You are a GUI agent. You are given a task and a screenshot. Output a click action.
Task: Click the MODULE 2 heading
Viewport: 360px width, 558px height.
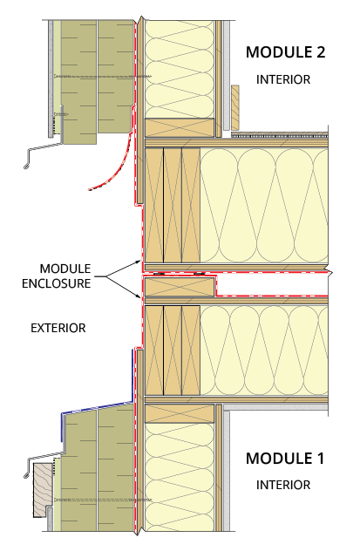pyautogui.click(x=285, y=52)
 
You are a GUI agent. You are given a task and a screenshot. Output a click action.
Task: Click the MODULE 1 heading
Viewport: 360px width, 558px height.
pyautogui.click(x=285, y=458)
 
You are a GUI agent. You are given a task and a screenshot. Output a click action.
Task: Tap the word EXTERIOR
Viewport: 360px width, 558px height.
pyautogui.click(x=58, y=328)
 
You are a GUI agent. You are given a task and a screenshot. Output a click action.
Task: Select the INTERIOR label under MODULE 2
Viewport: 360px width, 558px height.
pyautogui.click(x=283, y=79)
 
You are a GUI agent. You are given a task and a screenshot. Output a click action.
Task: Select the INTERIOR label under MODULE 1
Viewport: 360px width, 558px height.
pyautogui.click(x=283, y=485)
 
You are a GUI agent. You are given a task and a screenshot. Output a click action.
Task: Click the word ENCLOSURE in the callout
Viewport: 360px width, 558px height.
pyautogui.click(x=56, y=283)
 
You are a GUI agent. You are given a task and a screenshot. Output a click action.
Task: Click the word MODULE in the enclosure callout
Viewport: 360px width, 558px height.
pyautogui.click(x=65, y=269)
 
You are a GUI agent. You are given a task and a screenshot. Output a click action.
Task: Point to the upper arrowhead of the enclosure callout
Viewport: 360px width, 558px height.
pyautogui.click(x=139, y=262)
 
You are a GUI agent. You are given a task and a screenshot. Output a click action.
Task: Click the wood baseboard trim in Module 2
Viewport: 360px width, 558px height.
pyautogui.click(x=235, y=107)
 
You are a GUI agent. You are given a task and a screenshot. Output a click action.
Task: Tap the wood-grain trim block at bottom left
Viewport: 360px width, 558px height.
pyautogui.click(x=43, y=490)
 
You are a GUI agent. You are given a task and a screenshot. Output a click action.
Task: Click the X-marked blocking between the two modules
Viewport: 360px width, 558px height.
pyautogui.click(x=180, y=287)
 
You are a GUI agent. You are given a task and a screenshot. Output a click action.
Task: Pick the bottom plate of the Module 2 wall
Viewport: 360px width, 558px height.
pyautogui.click(x=180, y=127)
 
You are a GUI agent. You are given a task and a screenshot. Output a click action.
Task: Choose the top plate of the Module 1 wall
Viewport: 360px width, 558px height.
pyautogui.click(x=180, y=413)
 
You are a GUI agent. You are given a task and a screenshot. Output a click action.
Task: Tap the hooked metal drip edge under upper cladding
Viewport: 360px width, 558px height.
pyautogui.click(x=43, y=149)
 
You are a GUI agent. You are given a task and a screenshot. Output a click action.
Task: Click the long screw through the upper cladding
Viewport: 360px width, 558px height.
pyautogui.click(x=103, y=77)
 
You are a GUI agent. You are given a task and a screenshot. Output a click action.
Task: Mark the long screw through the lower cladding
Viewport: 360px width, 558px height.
pyautogui.click(x=103, y=500)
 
